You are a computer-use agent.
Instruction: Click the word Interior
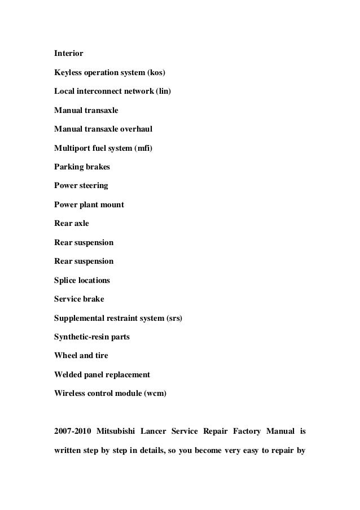tap(68, 54)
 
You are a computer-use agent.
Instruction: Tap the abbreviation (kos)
tap(157, 73)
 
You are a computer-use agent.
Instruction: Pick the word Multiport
tap(72, 149)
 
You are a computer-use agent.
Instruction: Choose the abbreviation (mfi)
tap(143, 149)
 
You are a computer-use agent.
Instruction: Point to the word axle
tap(81, 224)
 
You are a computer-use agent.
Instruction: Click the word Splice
tap(65, 280)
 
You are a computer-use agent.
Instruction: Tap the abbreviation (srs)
tap(174, 318)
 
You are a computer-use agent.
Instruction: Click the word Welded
tap(68, 374)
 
